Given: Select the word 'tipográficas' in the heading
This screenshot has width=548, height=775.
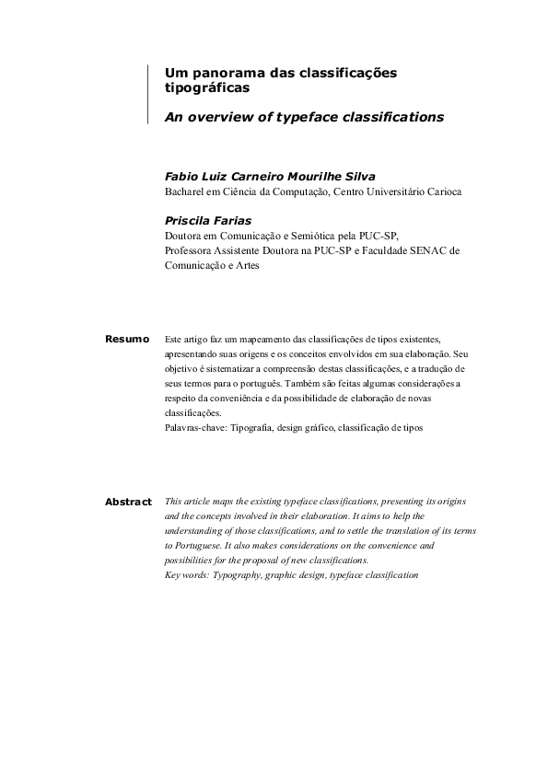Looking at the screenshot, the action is pyautogui.click(x=207, y=88).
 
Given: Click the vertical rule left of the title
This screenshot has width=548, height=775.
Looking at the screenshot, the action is pyautogui.click(x=147, y=94).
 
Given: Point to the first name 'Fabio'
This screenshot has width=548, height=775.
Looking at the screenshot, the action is pyautogui.click(x=181, y=175).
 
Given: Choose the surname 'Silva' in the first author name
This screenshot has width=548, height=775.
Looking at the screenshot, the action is pyautogui.click(x=332, y=175).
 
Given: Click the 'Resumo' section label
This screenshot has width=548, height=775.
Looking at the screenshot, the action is pyautogui.click(x=127, y=340).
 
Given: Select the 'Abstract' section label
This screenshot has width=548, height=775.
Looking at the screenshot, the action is pyautogui.click(x=128, y=502).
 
